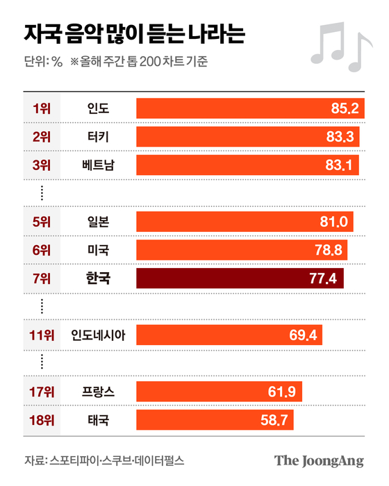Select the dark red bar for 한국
[240, 278]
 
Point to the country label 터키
[98, 136]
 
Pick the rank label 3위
[42, 165]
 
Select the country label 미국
[98, 250]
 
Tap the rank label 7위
[42, 278]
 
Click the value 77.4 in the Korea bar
[323, 278]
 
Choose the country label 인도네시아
[98, 335]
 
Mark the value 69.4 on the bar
[302, 335]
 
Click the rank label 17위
[42, 392]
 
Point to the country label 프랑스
[98, 392]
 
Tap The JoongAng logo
[319, 461]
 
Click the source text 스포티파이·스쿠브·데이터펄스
[117, 461]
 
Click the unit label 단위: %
[43, 63]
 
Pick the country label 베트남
[98, 165]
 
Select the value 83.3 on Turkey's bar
[341, 136]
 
